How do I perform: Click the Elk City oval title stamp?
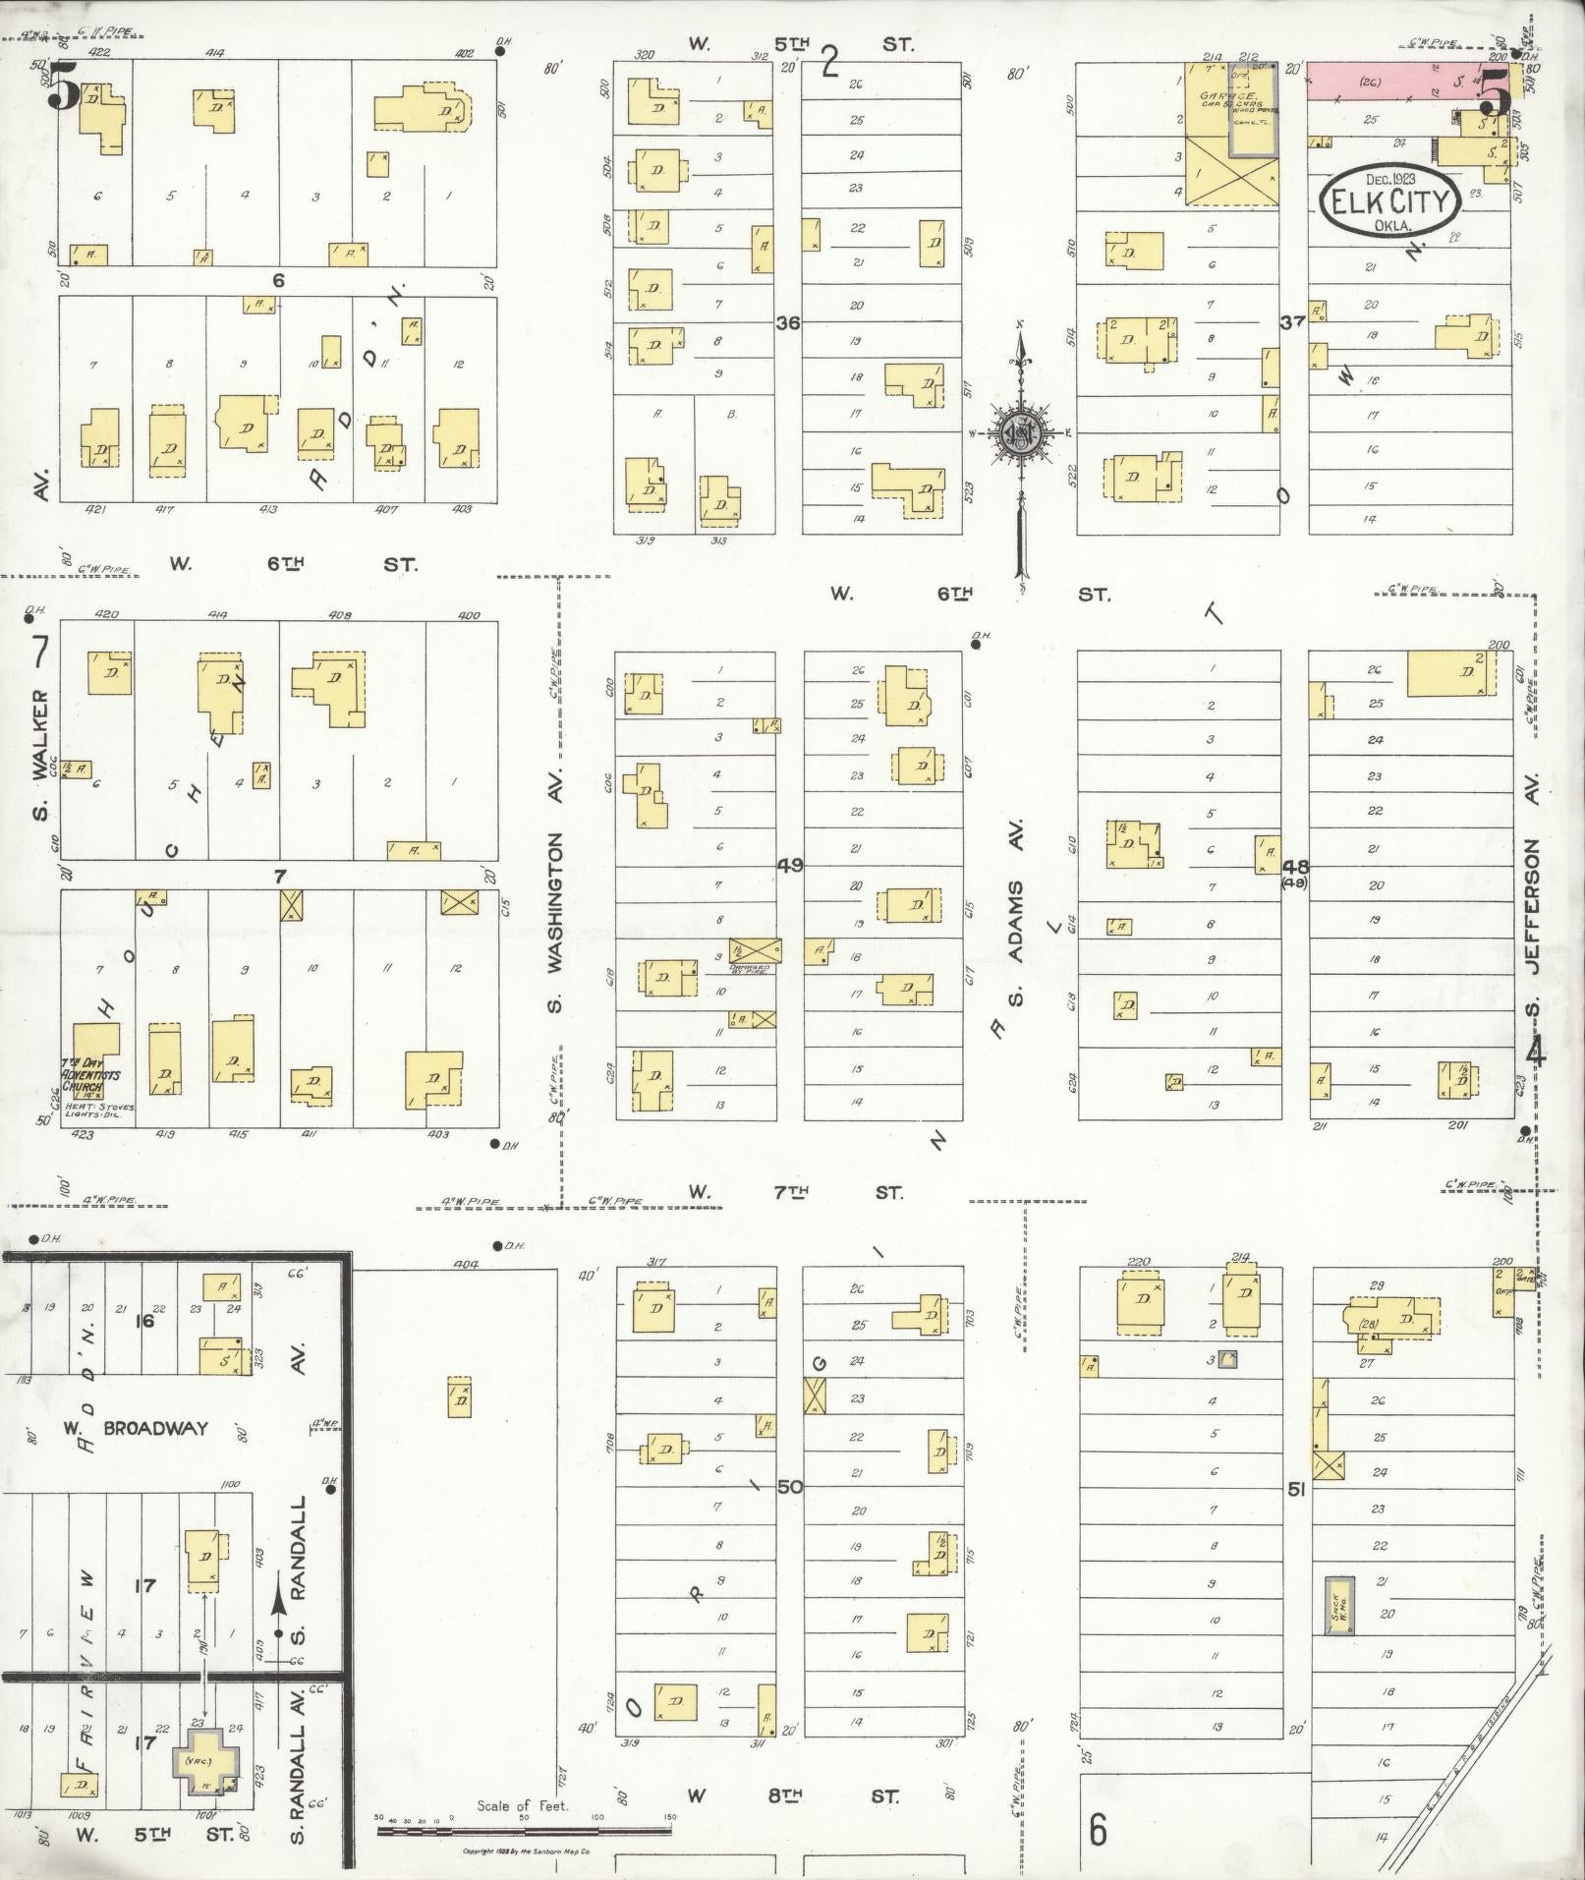(1388, 203)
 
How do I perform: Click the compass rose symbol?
(1022, 430)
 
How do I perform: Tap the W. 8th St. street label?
(792, 1795)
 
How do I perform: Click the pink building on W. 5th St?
(1412, 82)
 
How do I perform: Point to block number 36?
(788, 321)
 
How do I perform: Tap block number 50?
(790, 1487)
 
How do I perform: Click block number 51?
(1296, 1490)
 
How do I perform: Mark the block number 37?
(1293, 321)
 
